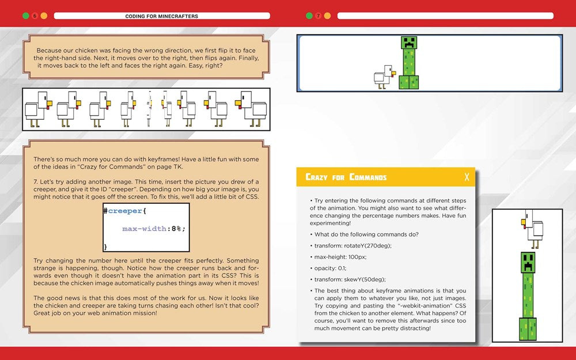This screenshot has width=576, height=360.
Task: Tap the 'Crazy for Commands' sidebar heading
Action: (x=346, y=177)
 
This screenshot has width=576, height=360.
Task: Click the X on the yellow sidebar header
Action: (x=467, y=177)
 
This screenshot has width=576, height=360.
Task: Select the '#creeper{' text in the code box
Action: (x=126, y=211)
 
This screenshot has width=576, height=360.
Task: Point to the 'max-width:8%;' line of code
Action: (x=154, y=229)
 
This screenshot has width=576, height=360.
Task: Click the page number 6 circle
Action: (x=35, y=16)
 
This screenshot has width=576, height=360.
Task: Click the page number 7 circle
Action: (x=318, y=16)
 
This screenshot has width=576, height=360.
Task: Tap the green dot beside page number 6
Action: (x=25, y=16)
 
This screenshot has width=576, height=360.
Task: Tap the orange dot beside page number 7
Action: (x=328, y=16)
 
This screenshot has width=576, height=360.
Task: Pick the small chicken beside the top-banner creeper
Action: (x=383, y=76)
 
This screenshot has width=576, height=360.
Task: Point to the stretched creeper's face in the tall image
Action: (x=528, y=263)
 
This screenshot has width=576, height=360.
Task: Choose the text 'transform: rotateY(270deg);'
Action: (x=353, y=245)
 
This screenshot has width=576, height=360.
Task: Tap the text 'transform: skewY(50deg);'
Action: (x=350, y=280)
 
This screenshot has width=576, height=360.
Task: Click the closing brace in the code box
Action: (x=105, y=247)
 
